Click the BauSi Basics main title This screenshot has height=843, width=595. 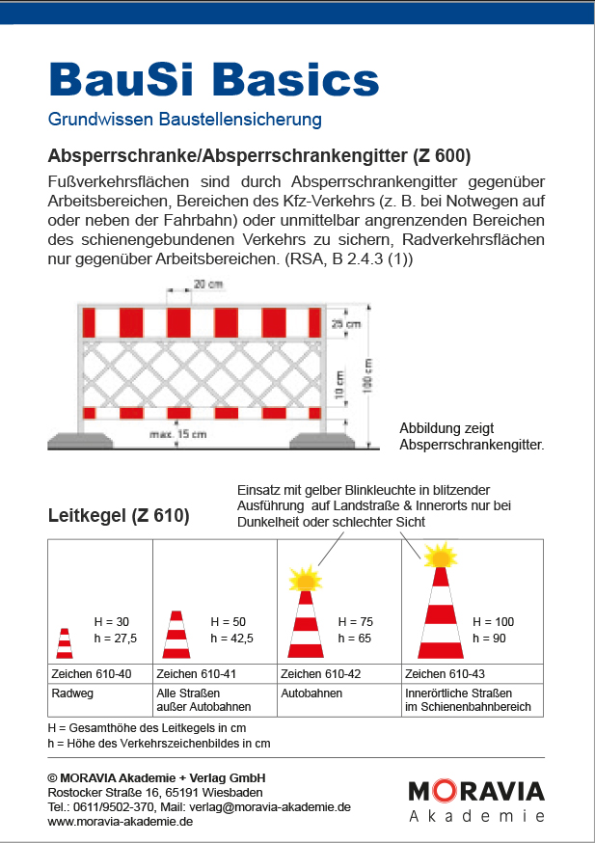point(213,80)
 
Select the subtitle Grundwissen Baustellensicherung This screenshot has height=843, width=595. point(184,121)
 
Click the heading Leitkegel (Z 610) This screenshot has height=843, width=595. point(119,516)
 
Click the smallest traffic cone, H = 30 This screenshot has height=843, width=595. point(65,643)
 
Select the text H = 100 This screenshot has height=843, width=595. point(493,622)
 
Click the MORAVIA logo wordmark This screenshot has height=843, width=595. point(476,792)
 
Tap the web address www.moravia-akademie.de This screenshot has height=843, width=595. point(121,822)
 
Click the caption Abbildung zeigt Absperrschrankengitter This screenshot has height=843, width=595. point(472,438)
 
